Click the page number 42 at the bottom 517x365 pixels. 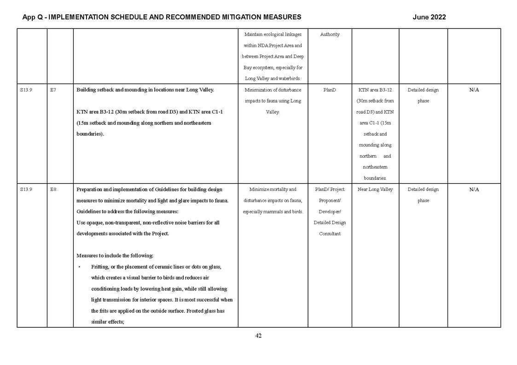[258, 336]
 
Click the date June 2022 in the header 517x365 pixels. [429, 17]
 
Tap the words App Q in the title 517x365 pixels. [33, 17]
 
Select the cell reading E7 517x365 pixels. [53, 90]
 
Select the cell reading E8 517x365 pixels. [53, 189]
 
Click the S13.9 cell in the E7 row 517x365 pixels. [26, 90]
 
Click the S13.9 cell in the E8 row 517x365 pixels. [26, 189]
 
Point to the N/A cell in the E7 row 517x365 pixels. [474, 90]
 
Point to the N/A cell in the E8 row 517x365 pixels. [474, 189]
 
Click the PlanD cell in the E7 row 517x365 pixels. [330, 90]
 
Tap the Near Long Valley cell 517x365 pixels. [375, 189]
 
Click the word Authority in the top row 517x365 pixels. [330, 34]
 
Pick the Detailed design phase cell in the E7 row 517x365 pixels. [423, 95]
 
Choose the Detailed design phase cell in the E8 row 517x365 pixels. [423, 194]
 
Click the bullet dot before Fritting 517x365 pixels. [79, 267]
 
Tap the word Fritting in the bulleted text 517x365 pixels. [100, 267]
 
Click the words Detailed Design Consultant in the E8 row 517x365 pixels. [330, 228]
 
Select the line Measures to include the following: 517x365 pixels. [115, 256]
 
